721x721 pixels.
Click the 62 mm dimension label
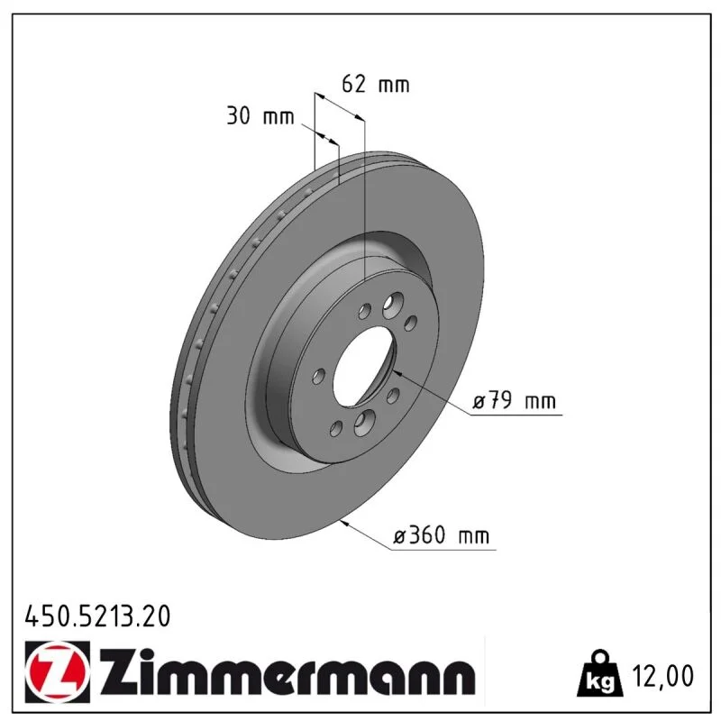tap(375, 84)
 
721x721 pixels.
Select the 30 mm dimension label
tap(260, 115)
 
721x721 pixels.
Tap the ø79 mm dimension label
tap(514, 400)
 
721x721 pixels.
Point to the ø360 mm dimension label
tap(442, 534)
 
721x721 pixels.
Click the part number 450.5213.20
tap(97, 616)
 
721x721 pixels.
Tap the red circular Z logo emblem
tap(58, 671)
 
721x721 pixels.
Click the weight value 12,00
tap(662, 675)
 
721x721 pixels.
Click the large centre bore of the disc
tap(364, 367)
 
